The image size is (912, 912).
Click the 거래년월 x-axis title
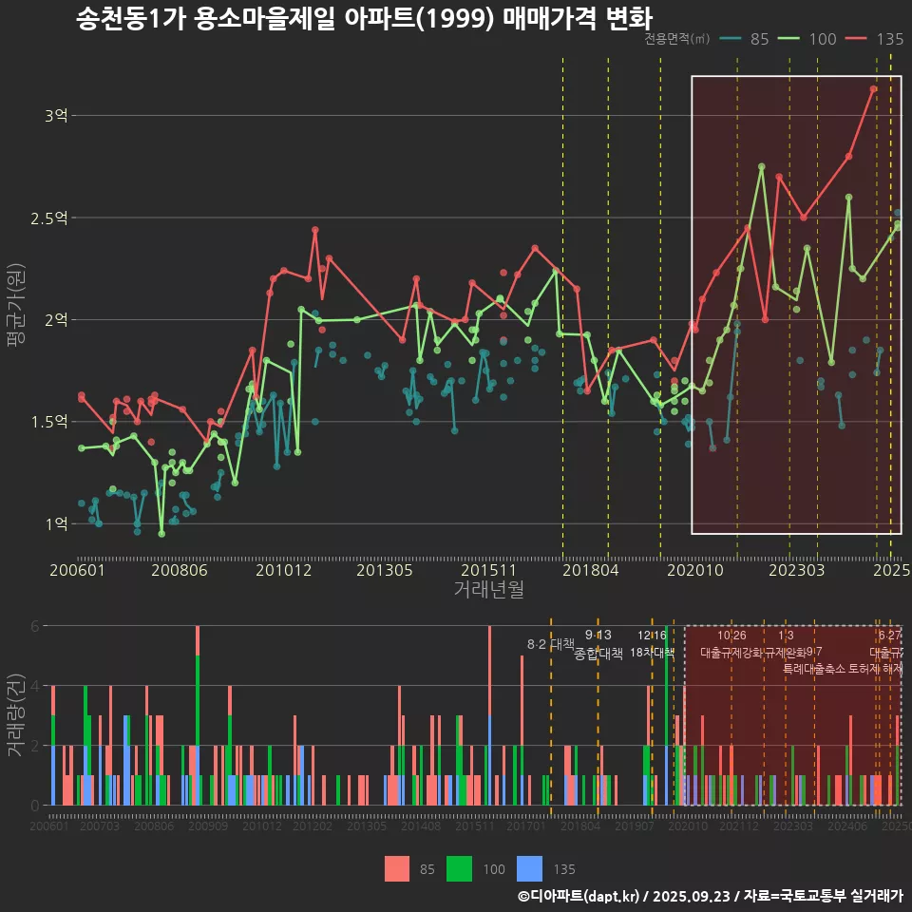pos(488,589)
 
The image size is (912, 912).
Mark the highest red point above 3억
pos(873,89)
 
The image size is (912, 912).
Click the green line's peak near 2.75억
pos(762,166)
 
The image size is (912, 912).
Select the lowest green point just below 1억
pos(161,534)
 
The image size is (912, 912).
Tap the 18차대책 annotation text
pos(652,653)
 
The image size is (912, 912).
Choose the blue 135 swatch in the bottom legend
pos(529,868)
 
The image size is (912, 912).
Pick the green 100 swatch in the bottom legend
pos(459,868)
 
